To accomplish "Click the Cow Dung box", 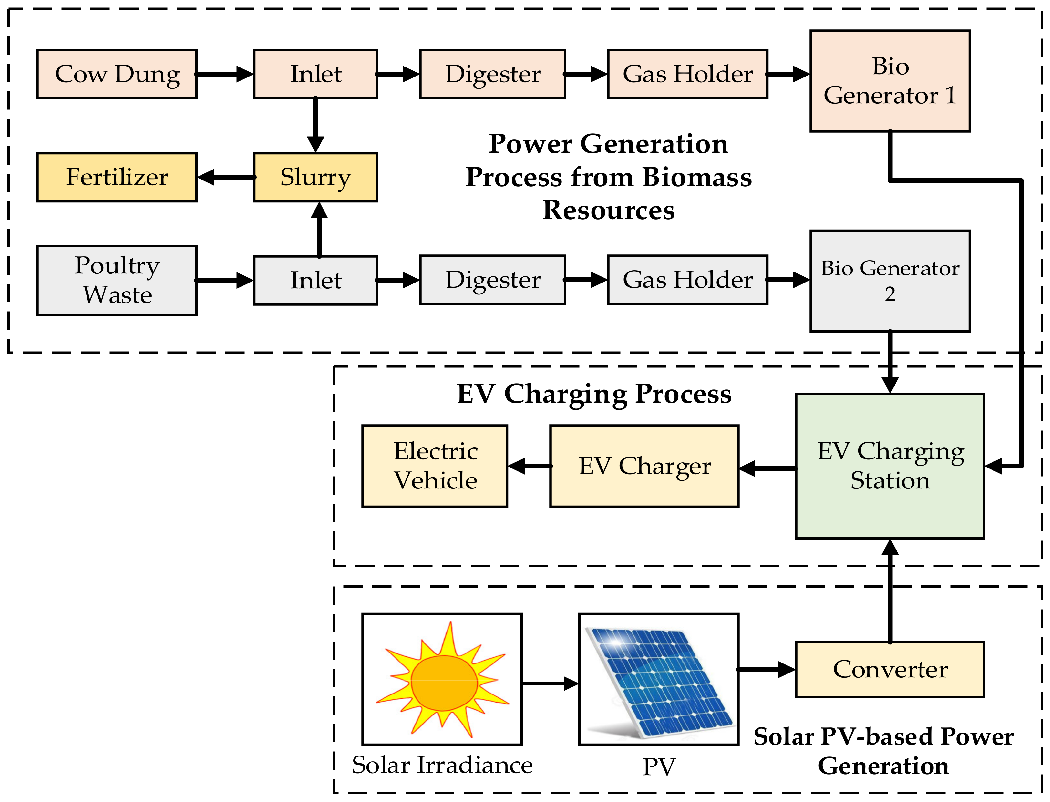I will pos(117,74).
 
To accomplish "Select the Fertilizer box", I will pos(117,177).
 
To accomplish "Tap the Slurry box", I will pos(315,177).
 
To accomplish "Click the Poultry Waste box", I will pos(117,280).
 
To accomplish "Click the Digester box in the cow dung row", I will pos(492,74).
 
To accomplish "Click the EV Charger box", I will pos(644,466).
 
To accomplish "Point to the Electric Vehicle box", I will pos(435,466).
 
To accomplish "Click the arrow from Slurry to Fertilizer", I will pos(225,177).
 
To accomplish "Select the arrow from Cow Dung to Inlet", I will pos(224,74).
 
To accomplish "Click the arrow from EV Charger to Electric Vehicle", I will pos(529,466).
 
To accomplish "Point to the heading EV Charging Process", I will pos(594,394).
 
